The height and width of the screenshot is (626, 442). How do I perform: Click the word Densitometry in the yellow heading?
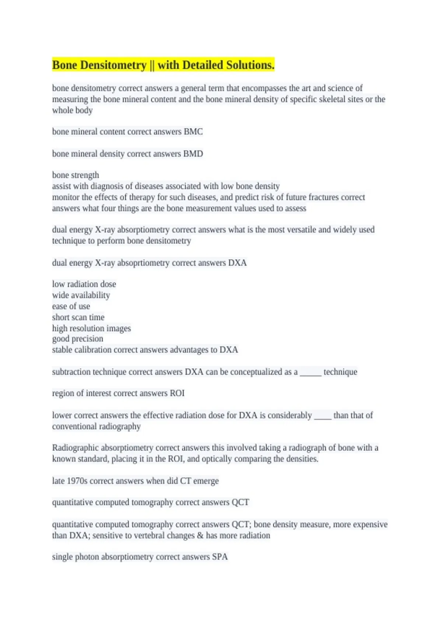pos(113,65)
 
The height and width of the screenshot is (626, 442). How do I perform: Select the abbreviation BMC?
pos(193,132)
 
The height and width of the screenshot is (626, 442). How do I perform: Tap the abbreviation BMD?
pos(193,154)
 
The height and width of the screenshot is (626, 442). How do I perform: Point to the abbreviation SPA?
pos(220,557)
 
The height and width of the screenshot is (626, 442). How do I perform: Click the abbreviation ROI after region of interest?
pos(177,393)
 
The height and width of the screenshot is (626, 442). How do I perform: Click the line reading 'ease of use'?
pos(71,306)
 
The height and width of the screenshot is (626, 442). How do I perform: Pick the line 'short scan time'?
pos(78,317)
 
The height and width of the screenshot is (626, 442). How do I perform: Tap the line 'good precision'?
pos(78,339)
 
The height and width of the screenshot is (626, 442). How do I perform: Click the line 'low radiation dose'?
pos(84,284)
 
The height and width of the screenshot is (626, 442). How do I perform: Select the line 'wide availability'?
pos(81,295)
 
